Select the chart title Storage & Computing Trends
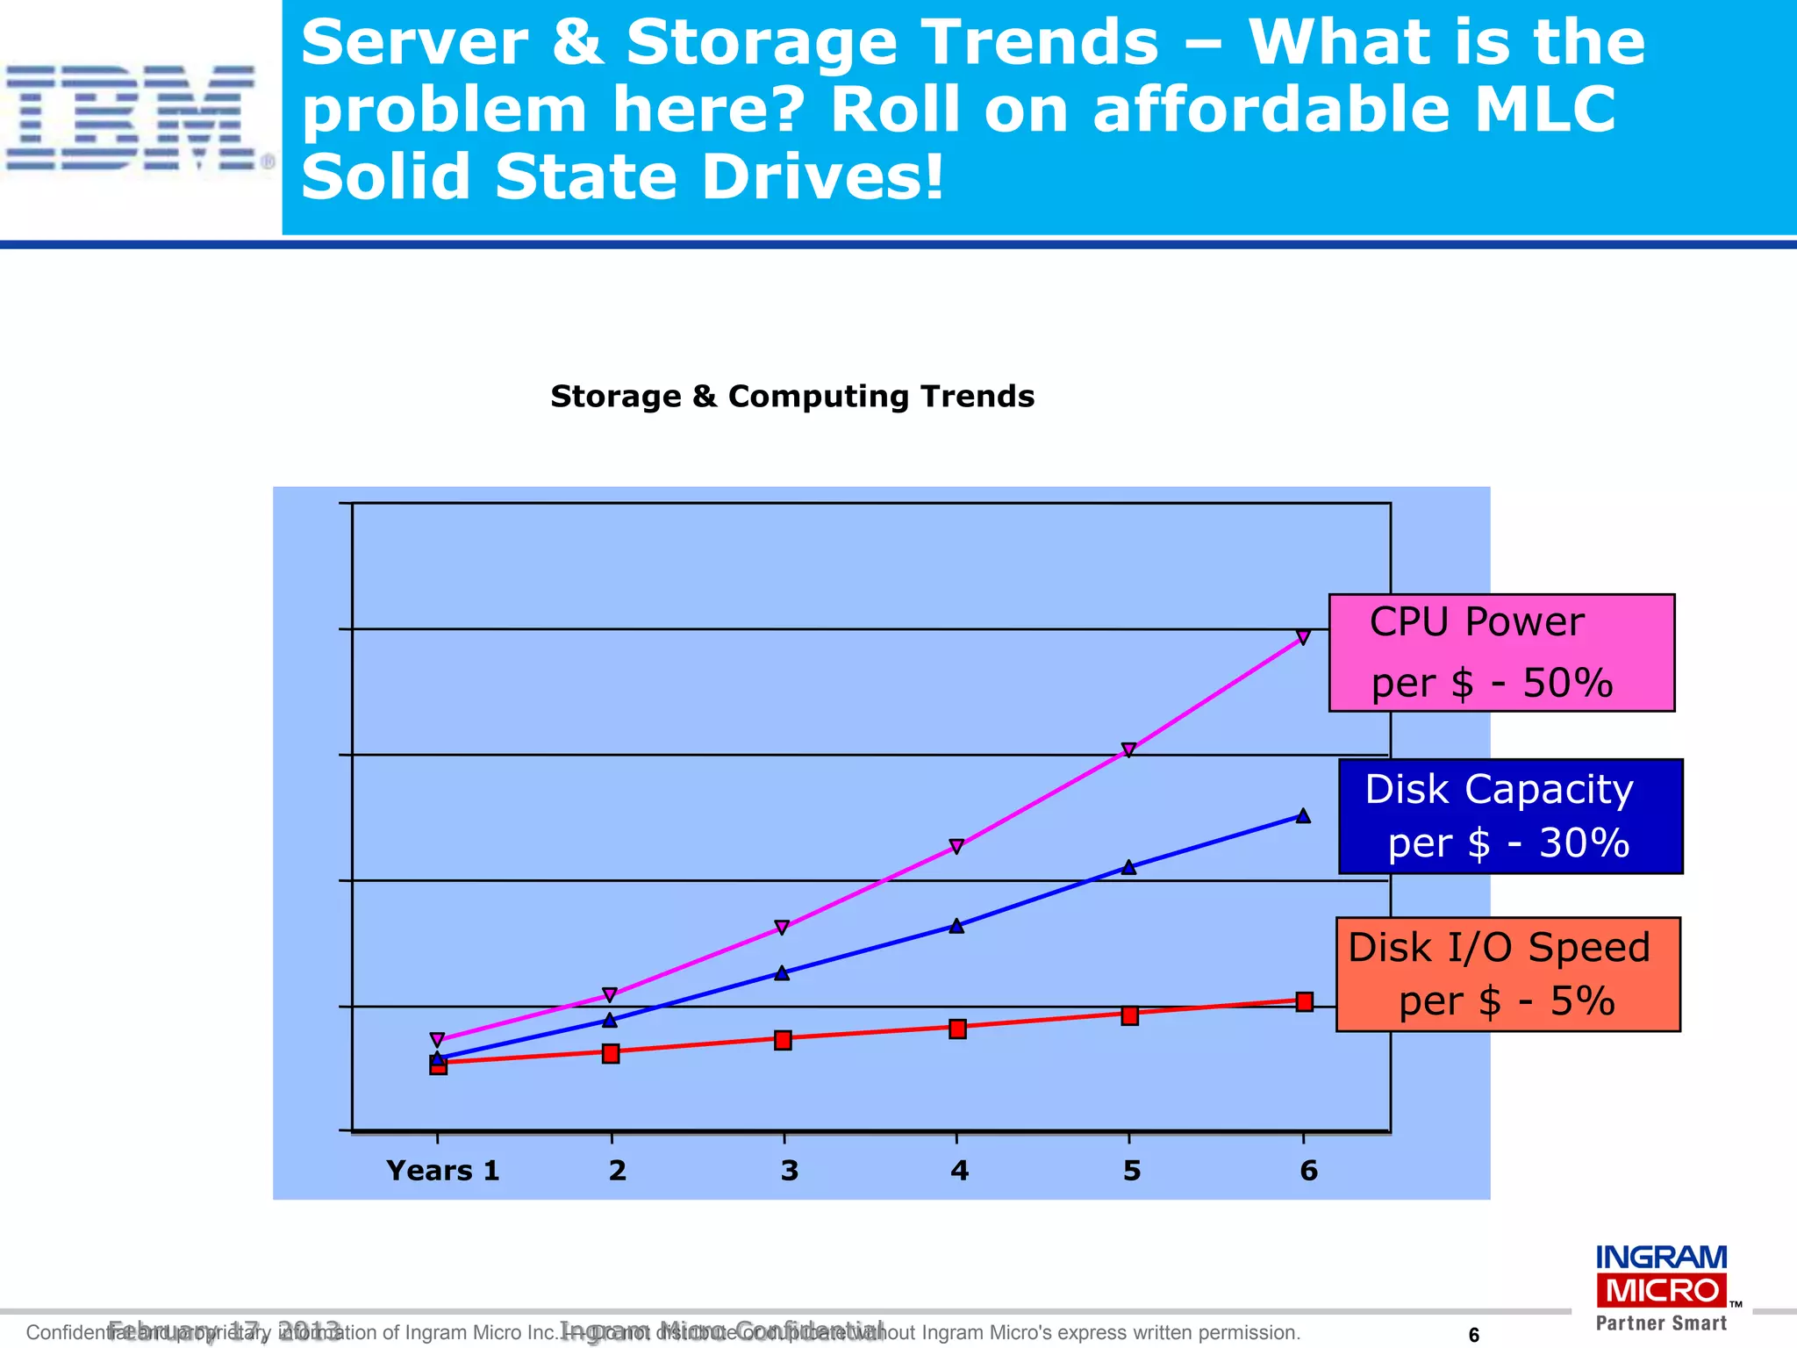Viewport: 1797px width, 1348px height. tap(792, 397)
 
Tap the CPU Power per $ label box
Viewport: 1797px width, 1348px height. tap(1501, 652)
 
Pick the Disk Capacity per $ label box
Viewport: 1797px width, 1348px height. tap(1510, 816)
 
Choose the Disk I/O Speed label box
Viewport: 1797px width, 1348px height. tap(1507, 974)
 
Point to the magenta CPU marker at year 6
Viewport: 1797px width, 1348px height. tap(1304, 637)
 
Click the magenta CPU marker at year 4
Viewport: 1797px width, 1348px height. tap(956, 846)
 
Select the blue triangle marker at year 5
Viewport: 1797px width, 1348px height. tap(1129, 867)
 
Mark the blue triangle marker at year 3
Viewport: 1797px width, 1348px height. tap(783, 972)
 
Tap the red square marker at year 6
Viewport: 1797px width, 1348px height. tap(1305, 1001)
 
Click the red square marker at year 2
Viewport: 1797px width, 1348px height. tap(611, 1053)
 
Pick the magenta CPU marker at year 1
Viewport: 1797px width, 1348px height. tap(438, 1040)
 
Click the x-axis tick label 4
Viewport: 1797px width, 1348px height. tap(959, 1171)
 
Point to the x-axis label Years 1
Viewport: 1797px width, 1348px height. tap(443, 1171)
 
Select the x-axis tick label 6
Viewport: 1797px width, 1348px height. tap(1308, 1171)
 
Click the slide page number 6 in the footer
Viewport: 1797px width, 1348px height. tap(1474, 1335)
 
